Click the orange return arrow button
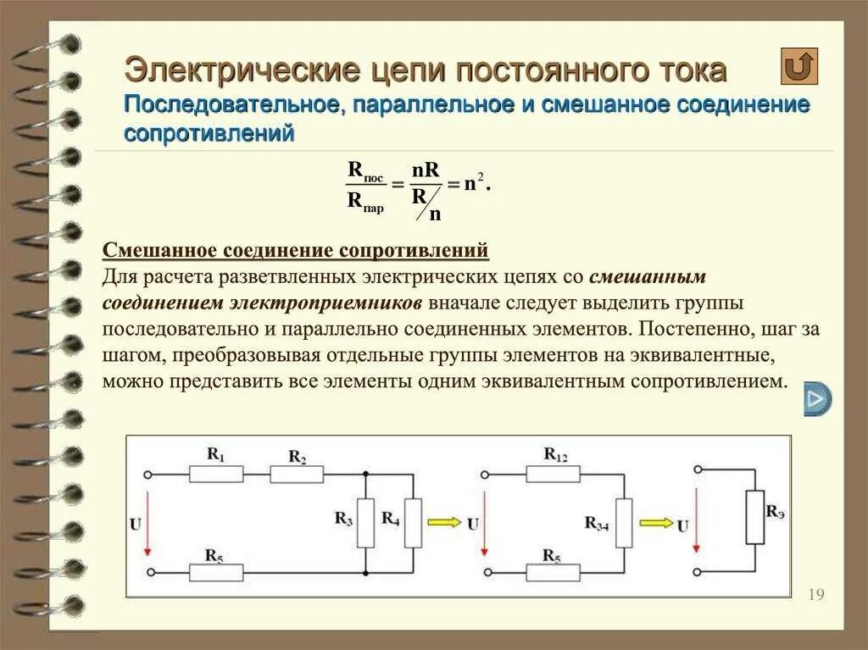click(x=798, y=66)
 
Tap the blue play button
click(x=817, y=398)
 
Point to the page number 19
click(x=816, y=594)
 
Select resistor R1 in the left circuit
click(x=216, y=473)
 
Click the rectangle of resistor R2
click(x=297, y=474)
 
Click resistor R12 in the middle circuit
click(x=554, y=473)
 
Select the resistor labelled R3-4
click(x=624, y=523)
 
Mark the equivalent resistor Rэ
click(x=754, y=517)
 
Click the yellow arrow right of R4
click(x=443, y=523)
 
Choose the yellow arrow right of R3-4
click(x=654, y=523)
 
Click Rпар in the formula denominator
click(x=364, y=202)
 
